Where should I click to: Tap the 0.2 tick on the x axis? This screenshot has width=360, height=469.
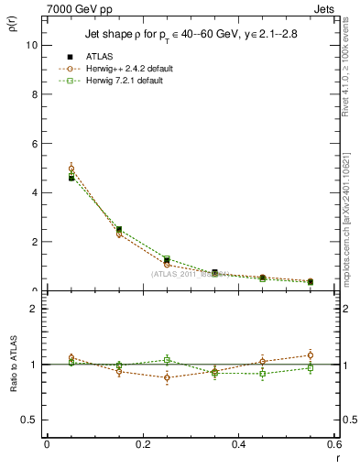point(143,444)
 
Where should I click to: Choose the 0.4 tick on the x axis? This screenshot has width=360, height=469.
point(239,444)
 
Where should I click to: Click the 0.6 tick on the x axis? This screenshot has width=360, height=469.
point(335,444)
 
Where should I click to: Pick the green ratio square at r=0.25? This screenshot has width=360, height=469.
point(167,360)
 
